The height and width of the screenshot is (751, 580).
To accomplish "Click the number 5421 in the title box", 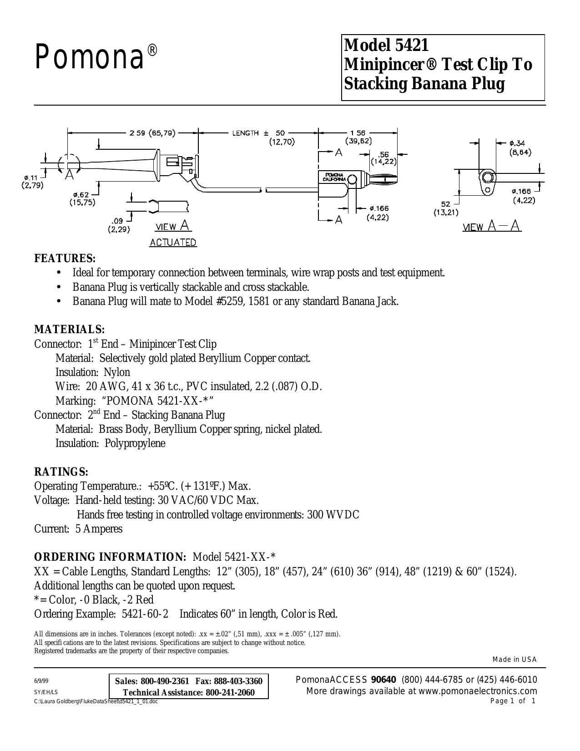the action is (410, 45).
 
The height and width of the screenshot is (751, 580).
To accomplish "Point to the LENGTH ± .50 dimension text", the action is (259, 133).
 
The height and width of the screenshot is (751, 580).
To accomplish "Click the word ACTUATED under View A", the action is (173, 243).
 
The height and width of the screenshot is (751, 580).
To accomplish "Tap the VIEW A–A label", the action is (492, 226).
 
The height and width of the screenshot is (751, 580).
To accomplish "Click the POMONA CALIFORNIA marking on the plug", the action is (334, 177).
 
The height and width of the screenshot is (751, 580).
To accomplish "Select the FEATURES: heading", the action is (65, 258).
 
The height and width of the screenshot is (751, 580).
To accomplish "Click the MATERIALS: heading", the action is (70, 329).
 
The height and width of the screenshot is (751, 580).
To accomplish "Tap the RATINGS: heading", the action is (61, 472).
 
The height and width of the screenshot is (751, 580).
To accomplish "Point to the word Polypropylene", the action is (135, 443).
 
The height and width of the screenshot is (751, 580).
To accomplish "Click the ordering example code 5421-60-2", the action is (145, 614).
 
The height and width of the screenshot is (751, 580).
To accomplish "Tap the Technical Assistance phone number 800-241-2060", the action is (230, 700).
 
